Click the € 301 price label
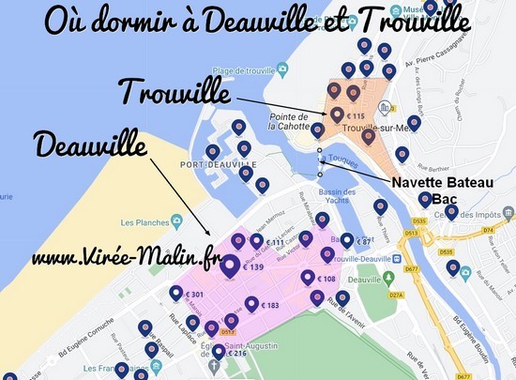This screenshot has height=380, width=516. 195,295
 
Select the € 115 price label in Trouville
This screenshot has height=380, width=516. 354,115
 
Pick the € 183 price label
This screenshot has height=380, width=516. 269,306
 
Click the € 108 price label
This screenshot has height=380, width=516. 326,279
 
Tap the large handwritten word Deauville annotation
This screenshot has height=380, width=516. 90,145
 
